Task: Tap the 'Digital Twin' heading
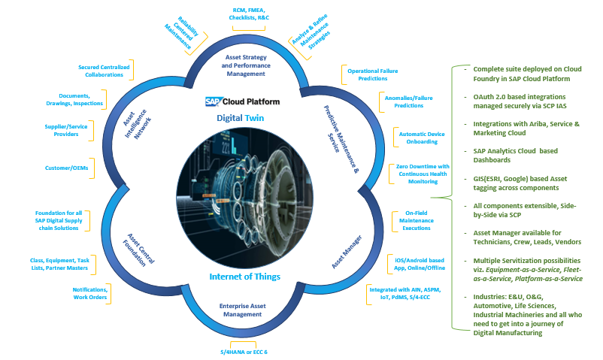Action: tap(241, 118)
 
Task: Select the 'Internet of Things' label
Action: tap(246, 277)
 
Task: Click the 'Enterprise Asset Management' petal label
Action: tap(243, 310)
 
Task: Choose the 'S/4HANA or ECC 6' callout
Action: tap(244, 351)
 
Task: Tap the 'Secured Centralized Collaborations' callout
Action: tap(104, 71)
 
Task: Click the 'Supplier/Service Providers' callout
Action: tap(68, 132)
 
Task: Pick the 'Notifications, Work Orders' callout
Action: tap(90, 294)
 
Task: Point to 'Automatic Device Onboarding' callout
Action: tap(417, 138)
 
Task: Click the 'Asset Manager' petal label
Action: tap(348, 252)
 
